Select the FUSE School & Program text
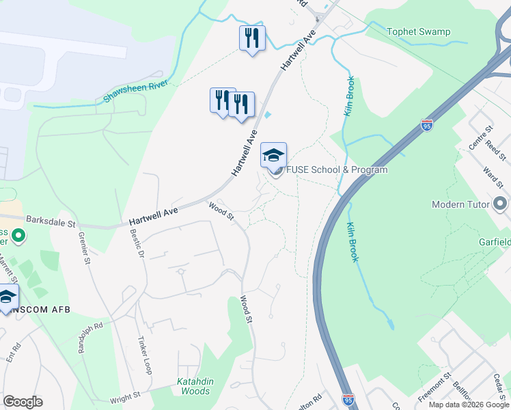336,169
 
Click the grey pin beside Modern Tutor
501,204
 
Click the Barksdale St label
50,221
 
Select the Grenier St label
86,247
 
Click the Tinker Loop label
145,355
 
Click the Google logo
23,401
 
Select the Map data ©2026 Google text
469,405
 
